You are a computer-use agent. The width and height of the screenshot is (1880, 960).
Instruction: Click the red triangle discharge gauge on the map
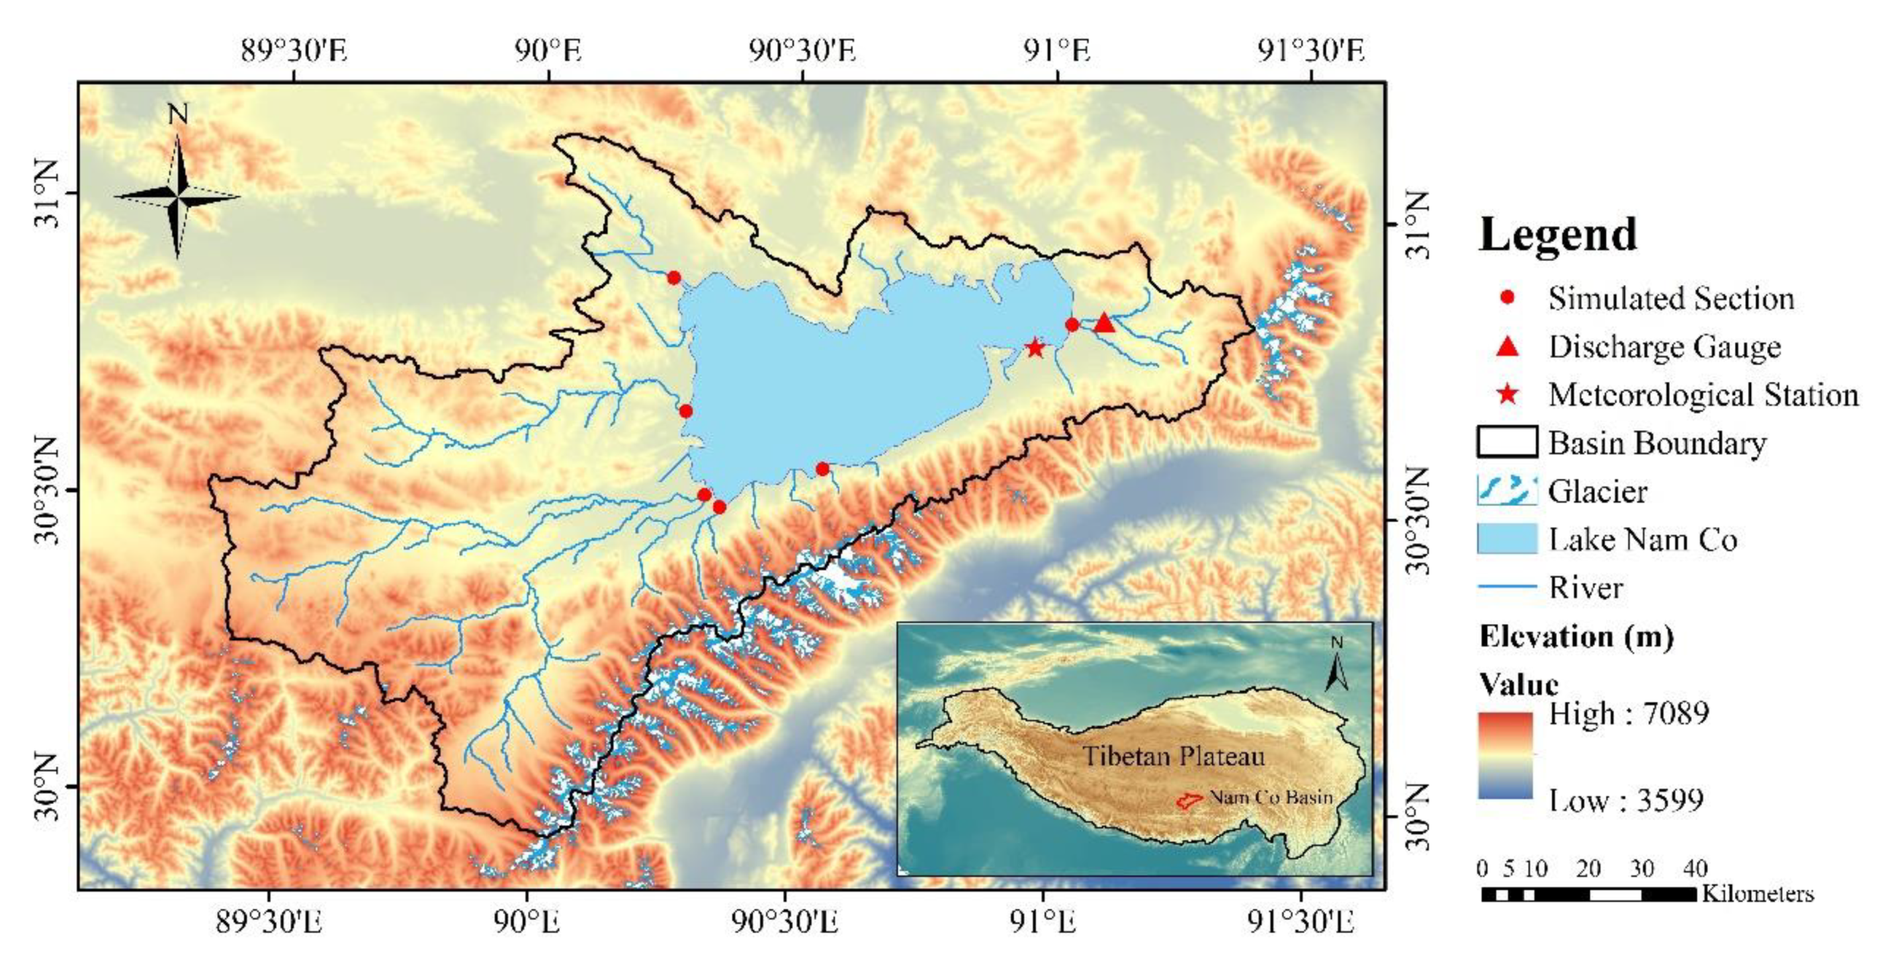tap(1104, 323)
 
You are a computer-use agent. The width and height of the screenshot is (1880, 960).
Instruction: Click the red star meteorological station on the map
tap(1035, 348)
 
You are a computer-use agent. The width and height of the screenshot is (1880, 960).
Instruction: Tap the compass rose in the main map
tap(177, 196)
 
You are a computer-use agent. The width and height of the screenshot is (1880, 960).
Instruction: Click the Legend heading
tap(1557, 235)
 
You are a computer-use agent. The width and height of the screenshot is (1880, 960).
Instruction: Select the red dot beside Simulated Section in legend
tap(1508, 298)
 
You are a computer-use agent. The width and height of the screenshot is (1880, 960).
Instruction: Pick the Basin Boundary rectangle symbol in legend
tap(1507, 442)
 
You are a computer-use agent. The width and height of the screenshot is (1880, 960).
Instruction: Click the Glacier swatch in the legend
tap(1507, 491)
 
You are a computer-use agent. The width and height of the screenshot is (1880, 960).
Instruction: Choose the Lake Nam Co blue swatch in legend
tap(1507, 538)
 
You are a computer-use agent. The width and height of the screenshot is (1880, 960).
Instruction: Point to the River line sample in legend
tap(1507, 586)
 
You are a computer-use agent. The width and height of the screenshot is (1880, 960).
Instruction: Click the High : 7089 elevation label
tap(1628, 713)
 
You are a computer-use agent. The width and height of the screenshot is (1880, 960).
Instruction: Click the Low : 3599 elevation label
tap(1625, 801)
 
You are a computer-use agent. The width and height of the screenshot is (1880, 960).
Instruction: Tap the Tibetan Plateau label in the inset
tap(1172, 756)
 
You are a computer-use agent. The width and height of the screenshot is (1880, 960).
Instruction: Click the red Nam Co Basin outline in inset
tap(1189, 800)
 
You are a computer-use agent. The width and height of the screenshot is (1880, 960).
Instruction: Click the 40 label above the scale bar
tap(1695, 869)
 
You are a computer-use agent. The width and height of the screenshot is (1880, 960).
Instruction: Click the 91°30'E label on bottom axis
tap(1301, 923)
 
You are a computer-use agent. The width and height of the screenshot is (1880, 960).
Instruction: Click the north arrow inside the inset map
tap(1336, 665)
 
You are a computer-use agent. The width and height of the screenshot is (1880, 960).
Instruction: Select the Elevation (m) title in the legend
tap(1576, 637)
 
